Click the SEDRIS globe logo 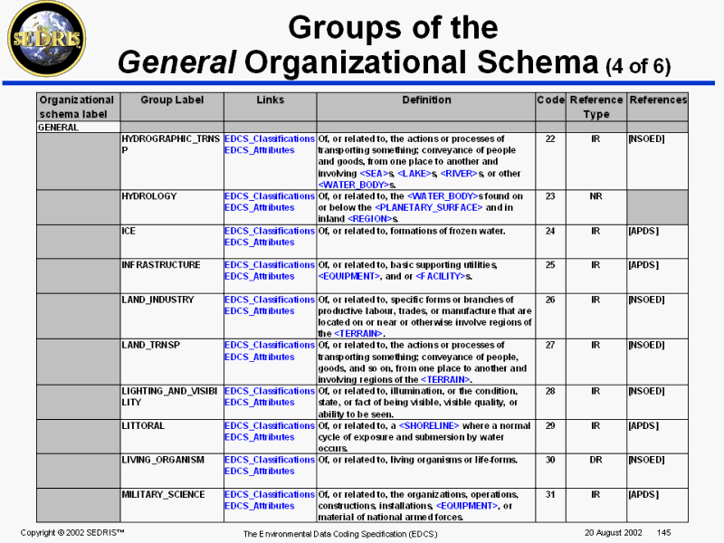pyautogui.click(x=46, y=37)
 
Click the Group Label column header pyautogui.click(x=172, y=100)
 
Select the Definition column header pyautogui.click(x=424, y=100)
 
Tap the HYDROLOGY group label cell pyautogui.click(x=149, y=196)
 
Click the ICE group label pyautogui.click(x=129, y=231)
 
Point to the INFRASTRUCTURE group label pyautogui.click(x=161, y=265)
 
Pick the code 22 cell pyautogui.click(x=549, y=139)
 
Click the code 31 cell pyautogui.click(x=549, y=495)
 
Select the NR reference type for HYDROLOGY pyautogui.click(x=595, y=196)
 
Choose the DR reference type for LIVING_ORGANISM pyautogui.click(x=595, y=460)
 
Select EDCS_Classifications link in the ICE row pyautogui.click(x=270, y=231)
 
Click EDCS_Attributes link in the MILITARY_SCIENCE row pyautogui.click(x=260, y=506)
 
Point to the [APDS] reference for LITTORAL pyautogui.click(x=643, y=425)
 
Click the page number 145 pyautogui.click(x=663, y=531)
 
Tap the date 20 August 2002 pyautogui.click(x=607, y=531)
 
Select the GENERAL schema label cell pyautogui.click(x=58, y=128)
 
